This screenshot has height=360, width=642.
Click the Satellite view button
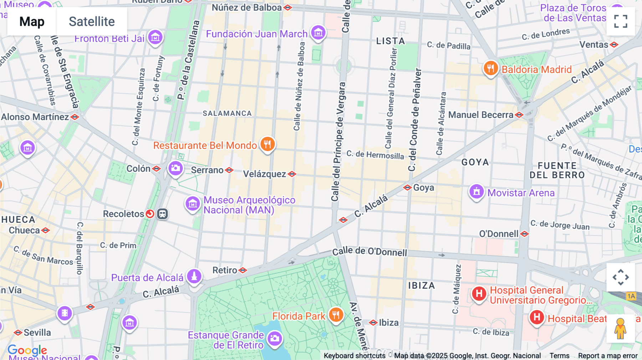click(x=92, y=21)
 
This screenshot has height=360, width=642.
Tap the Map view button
click(x=32, y=21)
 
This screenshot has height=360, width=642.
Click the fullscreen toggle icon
click(x=620, y=21)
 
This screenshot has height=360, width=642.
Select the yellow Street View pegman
click(x=620, y=328)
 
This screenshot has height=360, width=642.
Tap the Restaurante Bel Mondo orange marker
click(x=267, y=144)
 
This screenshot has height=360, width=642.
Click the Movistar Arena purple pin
click(x=477, y=192)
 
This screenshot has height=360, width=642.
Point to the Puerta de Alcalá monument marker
click(x=194, y=276)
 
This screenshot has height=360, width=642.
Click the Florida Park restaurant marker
click(x=336, y=315)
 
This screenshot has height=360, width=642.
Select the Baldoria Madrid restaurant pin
click(x=491, y=68)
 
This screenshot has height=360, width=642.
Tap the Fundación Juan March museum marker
click(x=318, y=33)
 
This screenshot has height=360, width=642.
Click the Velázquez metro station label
click(x=265, y=174)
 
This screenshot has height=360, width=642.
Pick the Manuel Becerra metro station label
click(x=481, y=115)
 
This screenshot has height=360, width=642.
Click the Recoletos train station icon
click(x=162, y=214)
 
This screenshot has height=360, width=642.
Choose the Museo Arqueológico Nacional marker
click(x=193, y=204)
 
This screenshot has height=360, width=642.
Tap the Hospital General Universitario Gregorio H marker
click(x=479, y=294)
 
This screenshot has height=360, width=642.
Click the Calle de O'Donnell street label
click(x=370, y=252)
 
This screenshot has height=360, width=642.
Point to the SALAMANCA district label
click(x=227, y=113)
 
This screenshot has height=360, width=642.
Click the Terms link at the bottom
click(x=559, y=355)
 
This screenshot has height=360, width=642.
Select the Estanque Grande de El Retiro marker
click(x=275, y=338)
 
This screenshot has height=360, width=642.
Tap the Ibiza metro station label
click(x=388, y=323)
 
